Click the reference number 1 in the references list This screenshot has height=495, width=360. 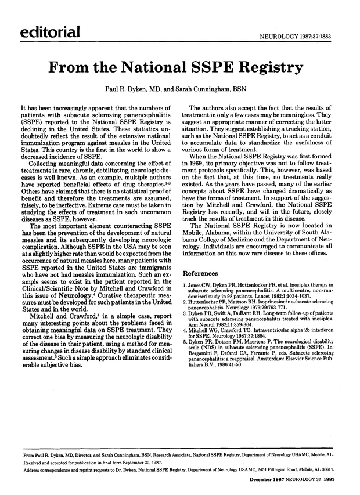pyautogui.click(x=185, y=286)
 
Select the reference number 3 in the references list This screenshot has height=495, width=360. pyautogui.click(x=185, y=314)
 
